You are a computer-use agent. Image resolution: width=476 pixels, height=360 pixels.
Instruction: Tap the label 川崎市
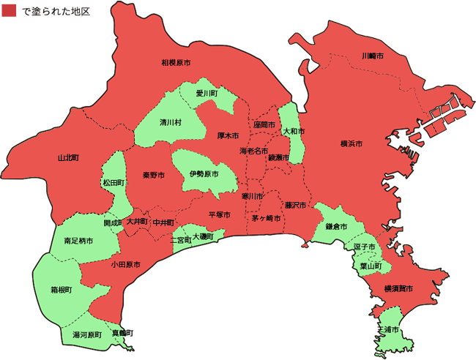point(373,56)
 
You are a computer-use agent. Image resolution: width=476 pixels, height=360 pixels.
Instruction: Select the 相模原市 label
point(176,63)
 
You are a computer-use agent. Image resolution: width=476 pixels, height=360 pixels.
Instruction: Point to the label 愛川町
point(207,94)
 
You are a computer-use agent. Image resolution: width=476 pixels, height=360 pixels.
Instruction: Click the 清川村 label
point(171,123)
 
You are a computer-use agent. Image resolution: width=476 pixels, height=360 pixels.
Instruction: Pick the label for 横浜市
point(352,144)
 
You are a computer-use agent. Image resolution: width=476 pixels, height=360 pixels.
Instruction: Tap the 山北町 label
point(68,158)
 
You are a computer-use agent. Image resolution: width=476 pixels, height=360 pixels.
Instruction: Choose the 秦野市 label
point(153,176)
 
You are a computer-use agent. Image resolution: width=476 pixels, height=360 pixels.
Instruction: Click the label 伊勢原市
point(204,175)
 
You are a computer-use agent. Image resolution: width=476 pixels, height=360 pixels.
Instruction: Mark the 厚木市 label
point(228,136)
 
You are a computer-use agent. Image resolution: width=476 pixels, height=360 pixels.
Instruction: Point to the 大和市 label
point(293,132)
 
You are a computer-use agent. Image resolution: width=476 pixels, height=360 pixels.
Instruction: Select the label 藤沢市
point(297,206)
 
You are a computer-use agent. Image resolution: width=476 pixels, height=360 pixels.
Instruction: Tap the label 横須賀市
point(398,290)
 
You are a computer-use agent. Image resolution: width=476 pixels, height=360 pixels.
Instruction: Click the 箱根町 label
point(62,290)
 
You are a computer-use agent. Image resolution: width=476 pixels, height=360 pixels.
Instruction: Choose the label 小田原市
point(127,264)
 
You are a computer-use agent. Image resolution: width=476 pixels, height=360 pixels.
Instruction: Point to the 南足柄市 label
point(78,241)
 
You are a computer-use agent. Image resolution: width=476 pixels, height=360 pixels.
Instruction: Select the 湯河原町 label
point(86,335)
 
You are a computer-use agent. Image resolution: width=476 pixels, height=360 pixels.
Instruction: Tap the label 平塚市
point(219,215)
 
